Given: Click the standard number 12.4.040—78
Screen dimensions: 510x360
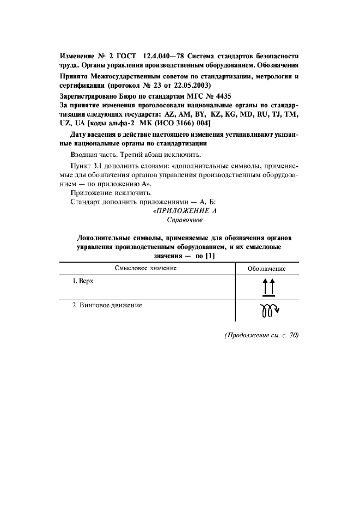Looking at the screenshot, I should click(x=164, y=56).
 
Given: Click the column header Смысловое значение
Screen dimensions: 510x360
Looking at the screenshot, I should click(x=145, y=268).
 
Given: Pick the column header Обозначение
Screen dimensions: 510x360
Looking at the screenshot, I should click(x=266, y=269).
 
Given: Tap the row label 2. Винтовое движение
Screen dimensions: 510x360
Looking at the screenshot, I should click(x=108, y=305).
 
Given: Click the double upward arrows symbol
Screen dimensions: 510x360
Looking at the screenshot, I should click(x=267, y=287).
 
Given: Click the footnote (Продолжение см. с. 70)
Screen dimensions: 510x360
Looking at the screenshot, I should click(x=261, y=335).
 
